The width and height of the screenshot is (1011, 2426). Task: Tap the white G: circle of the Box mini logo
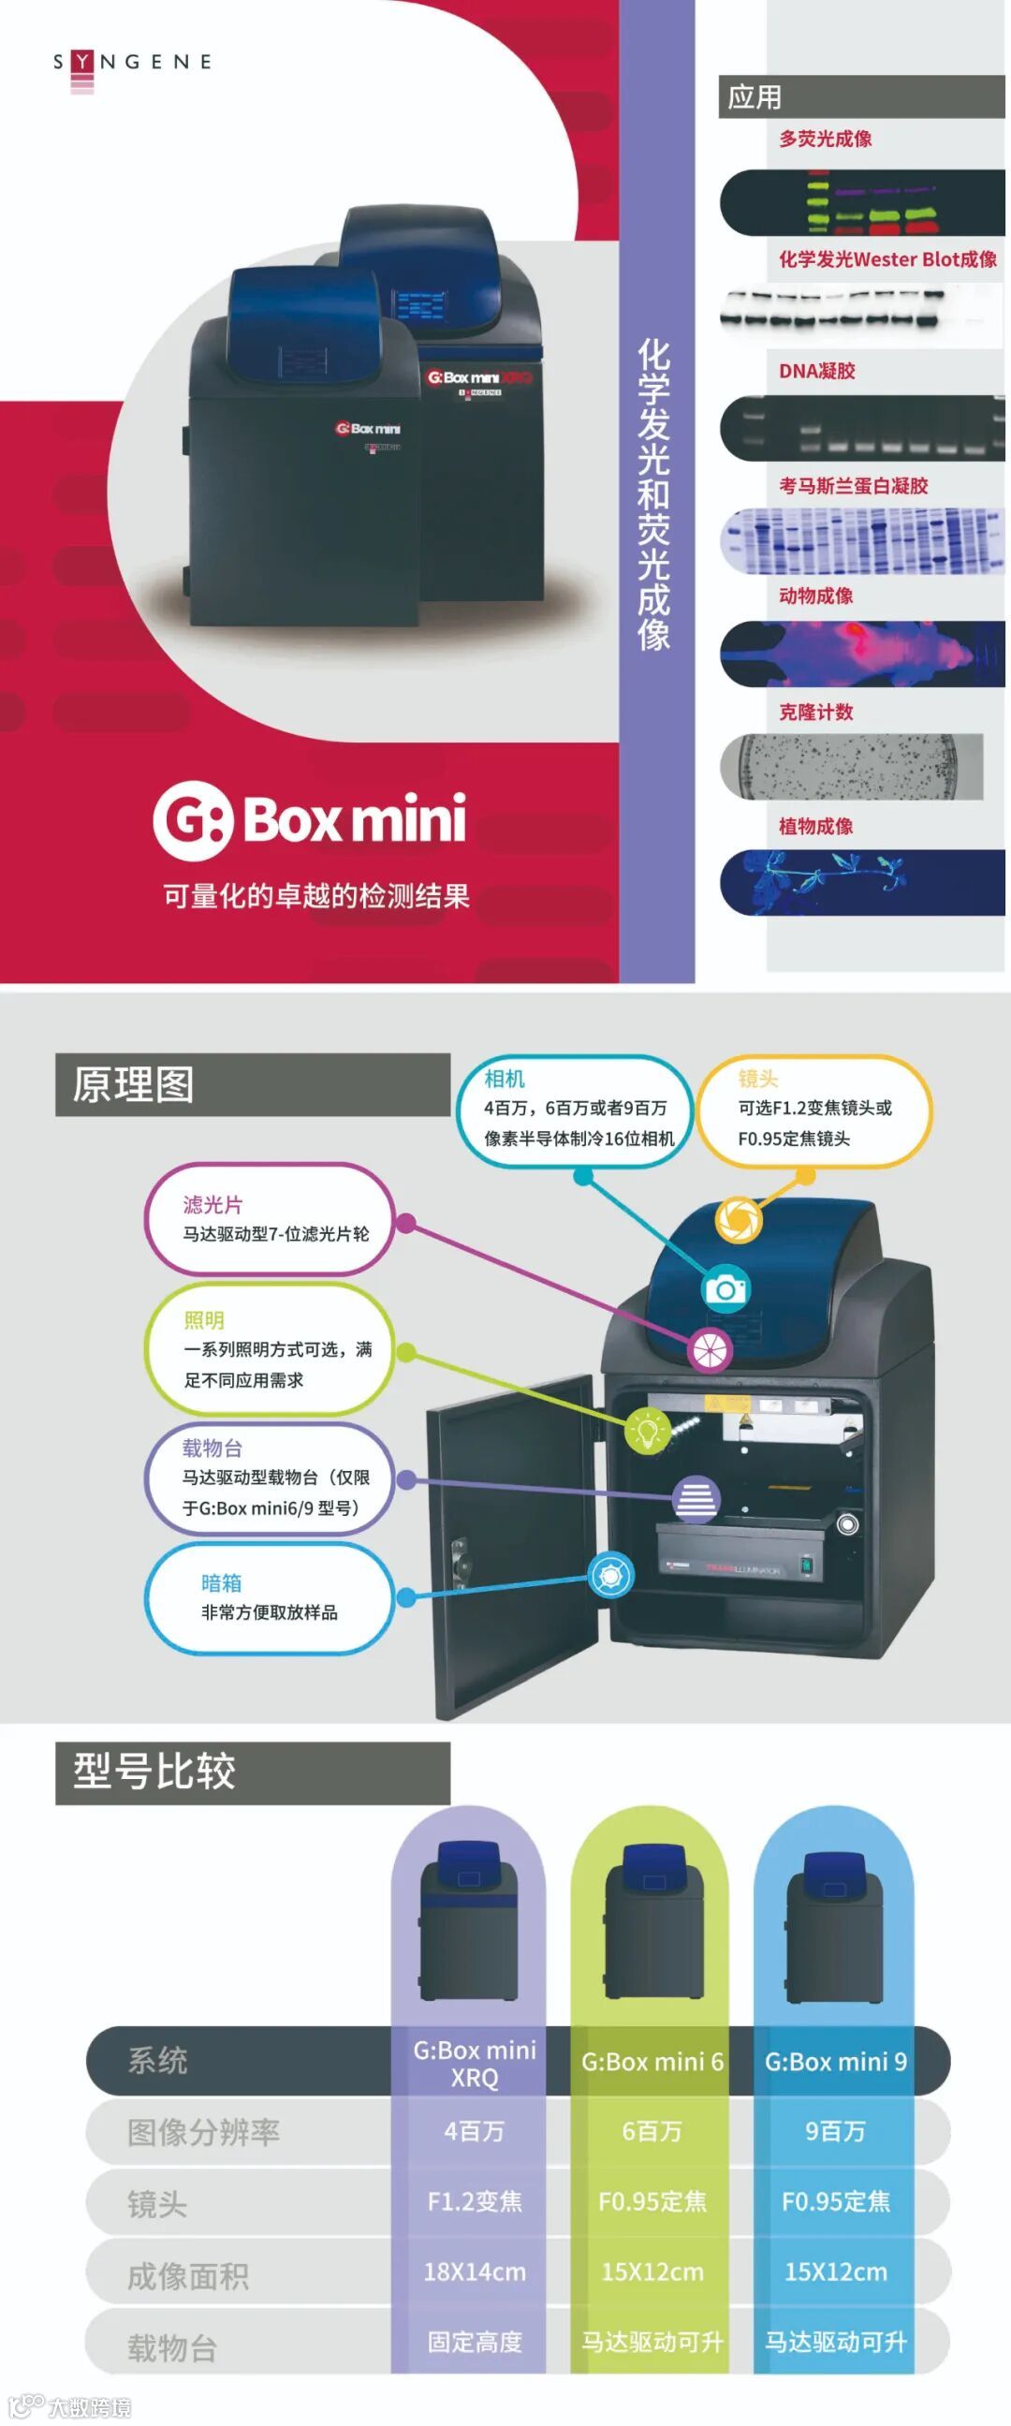tap(193, 820)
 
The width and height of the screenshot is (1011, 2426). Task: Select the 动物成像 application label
tap(815, 596)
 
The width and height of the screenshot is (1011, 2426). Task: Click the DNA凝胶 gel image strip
tap(861, 429)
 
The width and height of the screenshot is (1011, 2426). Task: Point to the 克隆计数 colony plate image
tap(851, 767)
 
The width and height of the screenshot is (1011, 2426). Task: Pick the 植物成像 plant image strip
tap(861, 881)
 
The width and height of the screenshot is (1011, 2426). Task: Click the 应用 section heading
tap(755, 97)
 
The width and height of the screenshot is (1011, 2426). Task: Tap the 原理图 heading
tap(134, 1084)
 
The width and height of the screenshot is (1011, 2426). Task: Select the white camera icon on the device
tap(725, 1287)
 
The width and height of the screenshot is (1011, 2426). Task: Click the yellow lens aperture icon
tap(739, 1220)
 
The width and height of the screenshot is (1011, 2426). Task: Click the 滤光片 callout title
tap(212, 1204)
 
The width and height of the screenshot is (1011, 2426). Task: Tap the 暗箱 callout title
tap(221, 1583)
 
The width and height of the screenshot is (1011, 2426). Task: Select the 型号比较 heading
tap(154, 1772)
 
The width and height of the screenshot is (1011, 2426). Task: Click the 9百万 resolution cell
tap(834, 2131)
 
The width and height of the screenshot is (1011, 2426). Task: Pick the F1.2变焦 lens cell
tap(474, 2202)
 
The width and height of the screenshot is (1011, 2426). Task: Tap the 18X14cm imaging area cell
tap(474, 2272)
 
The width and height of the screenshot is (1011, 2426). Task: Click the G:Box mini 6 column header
tap(652, 2062)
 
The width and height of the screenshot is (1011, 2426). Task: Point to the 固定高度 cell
tap(474, 2342)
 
